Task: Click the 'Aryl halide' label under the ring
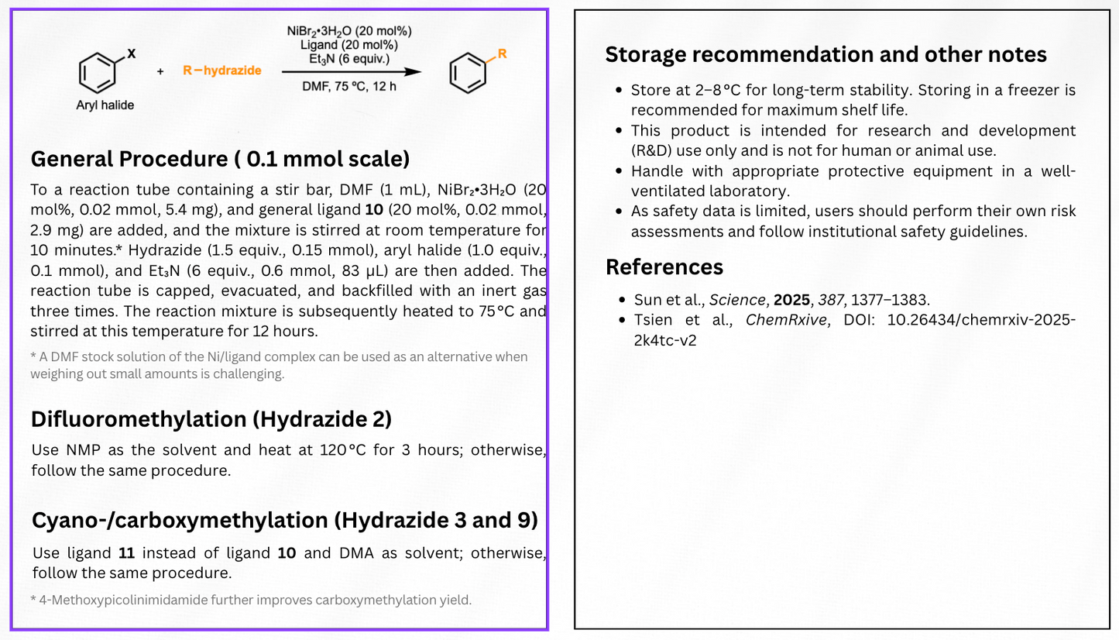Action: point(105,105)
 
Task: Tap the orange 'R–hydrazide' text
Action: point(222,71)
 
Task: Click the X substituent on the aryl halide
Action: point(131,53)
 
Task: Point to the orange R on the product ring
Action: point(502,53)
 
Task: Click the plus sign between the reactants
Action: point(160,71)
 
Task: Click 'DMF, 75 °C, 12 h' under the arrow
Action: point(349,85)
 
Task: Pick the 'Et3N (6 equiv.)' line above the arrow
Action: point(349,58)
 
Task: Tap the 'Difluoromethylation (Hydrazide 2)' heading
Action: point(211,419)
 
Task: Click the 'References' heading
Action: point(664,267)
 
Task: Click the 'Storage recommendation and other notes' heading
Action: point(826,54)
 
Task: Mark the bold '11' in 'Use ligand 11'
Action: point(125,553)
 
